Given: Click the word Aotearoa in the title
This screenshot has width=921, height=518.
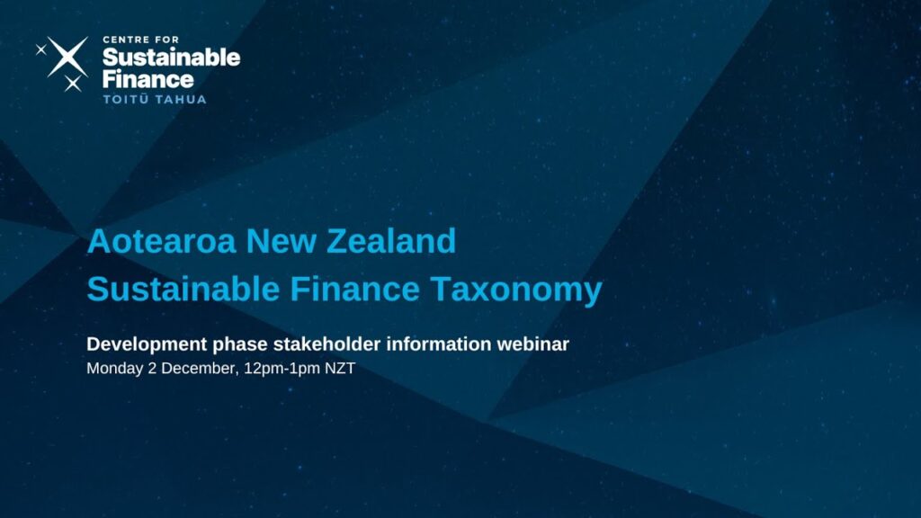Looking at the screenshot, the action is [162, 241].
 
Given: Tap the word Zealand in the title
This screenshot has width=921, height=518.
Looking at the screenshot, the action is [391, 241].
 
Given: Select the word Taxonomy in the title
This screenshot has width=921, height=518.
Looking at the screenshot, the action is [516, 290].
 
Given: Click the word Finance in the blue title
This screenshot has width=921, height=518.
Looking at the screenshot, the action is [354, 289].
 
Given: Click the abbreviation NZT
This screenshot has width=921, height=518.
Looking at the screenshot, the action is [340, 368].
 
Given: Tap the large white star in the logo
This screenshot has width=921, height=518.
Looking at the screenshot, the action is [67, 57].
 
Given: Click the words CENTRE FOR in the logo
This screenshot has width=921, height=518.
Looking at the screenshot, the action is [141, 40].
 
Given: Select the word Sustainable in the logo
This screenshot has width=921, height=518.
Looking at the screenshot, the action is [172, 58].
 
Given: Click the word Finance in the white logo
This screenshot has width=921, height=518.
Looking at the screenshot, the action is [148, 79].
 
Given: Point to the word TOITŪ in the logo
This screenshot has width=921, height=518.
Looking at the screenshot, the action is [126, 99].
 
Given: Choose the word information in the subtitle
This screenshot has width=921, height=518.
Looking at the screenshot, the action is [438, 344].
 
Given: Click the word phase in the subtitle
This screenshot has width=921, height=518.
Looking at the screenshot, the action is [240, 344].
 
